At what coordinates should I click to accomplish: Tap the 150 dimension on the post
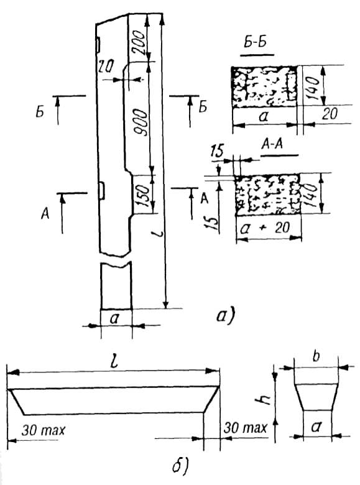pyautogui.click(x=142, y=196)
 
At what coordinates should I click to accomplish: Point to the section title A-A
pyautogui.click(x=272, y=144)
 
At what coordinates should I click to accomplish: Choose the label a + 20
pyautogui.click(x=265, y=228)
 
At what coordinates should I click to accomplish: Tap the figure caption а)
pyautogui.click(x=225, y=316)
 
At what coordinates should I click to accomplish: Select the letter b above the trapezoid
pyautogui.click(x=316, y=357)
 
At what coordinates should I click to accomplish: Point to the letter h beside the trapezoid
pyautogui.click(x=265, y=400)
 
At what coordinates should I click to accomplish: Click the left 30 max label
pyautogui.click(x=44, y=430)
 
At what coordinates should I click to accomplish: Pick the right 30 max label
pyautogui.click(x=245, y=428)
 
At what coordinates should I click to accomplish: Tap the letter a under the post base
pyautogui.click(x=114, y=318)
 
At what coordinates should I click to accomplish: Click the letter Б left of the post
pyautogui.click(x=40, y=113)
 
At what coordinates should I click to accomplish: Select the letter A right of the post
pyautogui.click(x=204, y=198)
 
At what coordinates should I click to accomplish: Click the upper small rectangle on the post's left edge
pyautogui.click(x=98, y=45)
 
